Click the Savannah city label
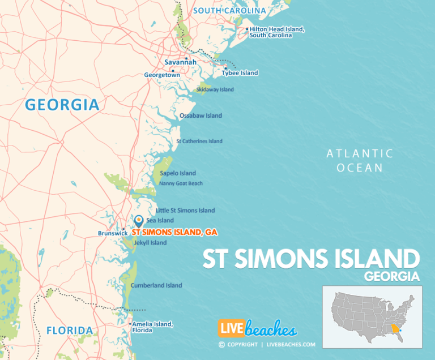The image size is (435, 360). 180,62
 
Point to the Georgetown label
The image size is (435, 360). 161,75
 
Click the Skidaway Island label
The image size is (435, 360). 215,89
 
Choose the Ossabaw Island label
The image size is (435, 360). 201,115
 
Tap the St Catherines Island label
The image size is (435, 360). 199,141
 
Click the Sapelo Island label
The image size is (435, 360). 178,173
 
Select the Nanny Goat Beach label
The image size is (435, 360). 181,183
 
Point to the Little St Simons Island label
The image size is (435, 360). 185,211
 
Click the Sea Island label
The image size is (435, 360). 160,220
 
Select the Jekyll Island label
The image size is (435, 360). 150,243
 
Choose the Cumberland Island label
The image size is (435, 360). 156,285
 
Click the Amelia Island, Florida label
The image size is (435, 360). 152,327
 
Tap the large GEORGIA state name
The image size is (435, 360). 62,105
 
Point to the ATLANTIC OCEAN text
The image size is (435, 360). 360,160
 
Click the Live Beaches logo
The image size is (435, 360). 257,329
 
